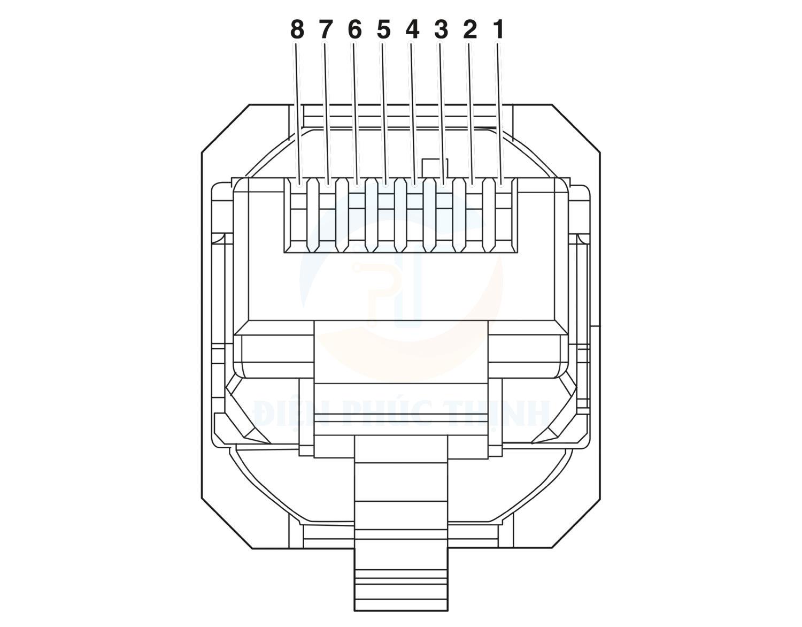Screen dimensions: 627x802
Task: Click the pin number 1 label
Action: click(498, 30)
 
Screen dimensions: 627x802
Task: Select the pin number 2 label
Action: click(469, 30)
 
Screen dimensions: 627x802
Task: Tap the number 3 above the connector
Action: click(441, 30)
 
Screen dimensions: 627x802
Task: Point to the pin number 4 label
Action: click(412, 30)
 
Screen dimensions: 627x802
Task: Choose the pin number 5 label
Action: click(383, 30)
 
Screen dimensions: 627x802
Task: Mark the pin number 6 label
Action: click(354, 30)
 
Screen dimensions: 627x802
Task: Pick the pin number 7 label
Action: click(326, 30)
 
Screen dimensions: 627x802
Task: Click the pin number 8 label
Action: click(297, 30)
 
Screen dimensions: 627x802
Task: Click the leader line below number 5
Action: click(383, 107)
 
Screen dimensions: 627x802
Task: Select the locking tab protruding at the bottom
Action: click(400, 562)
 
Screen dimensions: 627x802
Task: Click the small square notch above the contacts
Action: click(434, 167)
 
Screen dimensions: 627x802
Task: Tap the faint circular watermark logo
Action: click(401, 289)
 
